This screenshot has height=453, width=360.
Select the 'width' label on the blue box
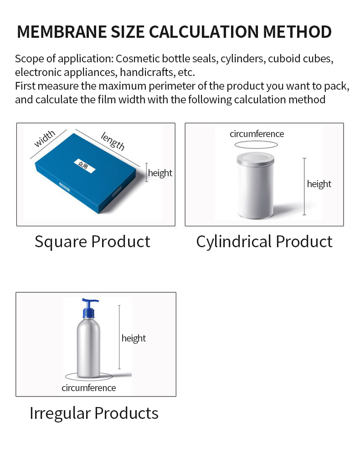coord(44,138)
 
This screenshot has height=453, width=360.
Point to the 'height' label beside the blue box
coord(160,173)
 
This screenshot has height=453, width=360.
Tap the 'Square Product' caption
coord(93,241)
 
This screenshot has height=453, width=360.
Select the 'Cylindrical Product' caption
coord(264,241)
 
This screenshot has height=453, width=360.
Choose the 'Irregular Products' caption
coord(94,413)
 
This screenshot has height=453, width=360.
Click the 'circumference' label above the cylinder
coord(257,134)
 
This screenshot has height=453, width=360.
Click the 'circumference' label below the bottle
coord(89,388)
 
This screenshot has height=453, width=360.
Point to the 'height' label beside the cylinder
coord(319,184)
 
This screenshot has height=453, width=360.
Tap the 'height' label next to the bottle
coord(134,338)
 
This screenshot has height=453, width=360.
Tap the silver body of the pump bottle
coord(88,346)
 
